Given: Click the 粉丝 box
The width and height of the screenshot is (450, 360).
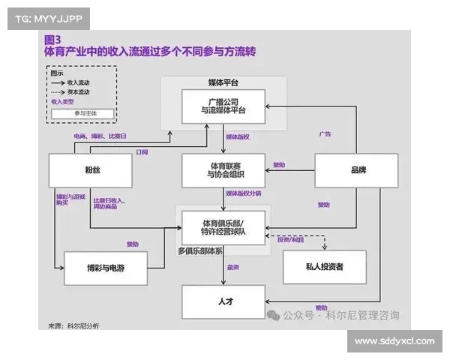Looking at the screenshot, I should pos(91,170).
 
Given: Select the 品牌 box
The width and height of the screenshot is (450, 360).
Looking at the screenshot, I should pos(358,170).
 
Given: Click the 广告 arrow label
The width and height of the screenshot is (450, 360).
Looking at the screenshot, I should pos(325,134).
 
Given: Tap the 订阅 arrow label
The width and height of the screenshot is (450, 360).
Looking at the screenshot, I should pos(142,151).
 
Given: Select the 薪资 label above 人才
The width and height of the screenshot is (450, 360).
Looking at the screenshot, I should pos(233,267).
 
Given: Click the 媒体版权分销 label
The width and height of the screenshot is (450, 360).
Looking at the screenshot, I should pos(243,193).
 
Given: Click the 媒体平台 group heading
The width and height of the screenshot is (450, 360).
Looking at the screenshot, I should pos(223,82).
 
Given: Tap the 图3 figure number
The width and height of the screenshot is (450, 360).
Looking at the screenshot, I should pos(52,39).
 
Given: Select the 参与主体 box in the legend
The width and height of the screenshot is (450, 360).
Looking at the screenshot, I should pos(82,113).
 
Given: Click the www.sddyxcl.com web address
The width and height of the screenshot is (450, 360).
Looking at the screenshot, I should pos(394,341).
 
